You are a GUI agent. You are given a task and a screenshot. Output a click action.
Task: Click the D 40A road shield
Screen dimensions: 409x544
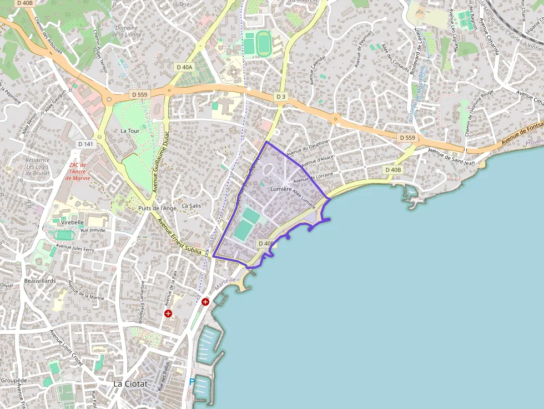[184, 67]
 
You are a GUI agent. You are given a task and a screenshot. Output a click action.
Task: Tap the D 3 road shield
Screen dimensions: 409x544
[281, 97]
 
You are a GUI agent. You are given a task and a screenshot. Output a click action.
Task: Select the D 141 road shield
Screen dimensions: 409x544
[85, 144]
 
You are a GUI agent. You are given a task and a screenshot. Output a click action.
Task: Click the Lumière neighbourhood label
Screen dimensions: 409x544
[280, 189]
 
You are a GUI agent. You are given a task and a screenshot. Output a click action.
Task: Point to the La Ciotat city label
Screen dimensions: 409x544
[130, 383]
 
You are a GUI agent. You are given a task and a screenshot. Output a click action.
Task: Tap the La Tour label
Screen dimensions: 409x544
[130, 131]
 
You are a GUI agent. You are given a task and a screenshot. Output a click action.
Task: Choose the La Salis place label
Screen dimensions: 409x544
[192, 205]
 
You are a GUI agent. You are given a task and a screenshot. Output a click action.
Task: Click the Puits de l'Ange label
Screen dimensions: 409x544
[157, 208]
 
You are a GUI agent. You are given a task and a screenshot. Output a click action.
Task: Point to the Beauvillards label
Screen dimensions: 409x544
[40, 281]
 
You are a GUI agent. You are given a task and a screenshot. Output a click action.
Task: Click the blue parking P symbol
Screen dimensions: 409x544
[192, 382]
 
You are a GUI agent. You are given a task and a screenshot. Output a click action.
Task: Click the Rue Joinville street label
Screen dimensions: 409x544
[93, 230]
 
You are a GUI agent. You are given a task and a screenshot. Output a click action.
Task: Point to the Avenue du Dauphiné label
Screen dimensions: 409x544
[308, 148]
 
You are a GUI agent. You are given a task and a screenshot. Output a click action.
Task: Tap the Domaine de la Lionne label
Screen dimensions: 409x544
[127, 31]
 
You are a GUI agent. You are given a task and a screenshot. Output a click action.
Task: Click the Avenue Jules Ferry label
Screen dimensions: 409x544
[76, 248]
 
